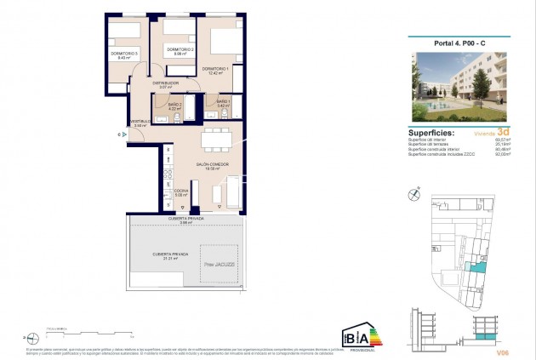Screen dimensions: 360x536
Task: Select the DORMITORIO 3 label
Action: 124,54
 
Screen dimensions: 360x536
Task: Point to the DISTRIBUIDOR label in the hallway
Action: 165,83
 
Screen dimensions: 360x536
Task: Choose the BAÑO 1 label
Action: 223,102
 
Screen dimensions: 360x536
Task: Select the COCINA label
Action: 180,191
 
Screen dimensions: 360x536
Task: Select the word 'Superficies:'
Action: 437,133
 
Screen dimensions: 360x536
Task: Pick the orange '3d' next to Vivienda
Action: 504,133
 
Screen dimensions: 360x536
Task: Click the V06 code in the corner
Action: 504,350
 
